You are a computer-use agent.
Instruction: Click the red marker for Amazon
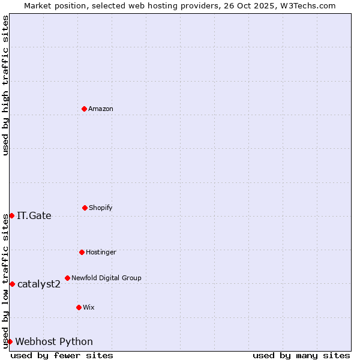pyautogui.click(x=84, y=109)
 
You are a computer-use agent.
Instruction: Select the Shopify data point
pyautogui.click(x=85, y=208)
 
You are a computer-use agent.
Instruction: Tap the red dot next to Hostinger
pyautogui.click(x=82, y=252)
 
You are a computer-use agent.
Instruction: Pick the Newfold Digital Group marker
pyautogui.click(x=67, y=278)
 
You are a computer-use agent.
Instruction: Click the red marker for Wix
pyautogui.click(x=79, y=307)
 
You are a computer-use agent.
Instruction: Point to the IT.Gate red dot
pyautogui.click(x=11, y=215)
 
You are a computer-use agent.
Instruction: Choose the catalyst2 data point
pyautogui.click(x=12, y=284)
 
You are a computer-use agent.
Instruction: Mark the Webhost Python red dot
pyautogui.click(x=10, y=341)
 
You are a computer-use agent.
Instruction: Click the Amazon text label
pyautogui.click(x=101, y=109)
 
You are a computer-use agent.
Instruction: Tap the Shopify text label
pyautogui.click(x=101, y=208)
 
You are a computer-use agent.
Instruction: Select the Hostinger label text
pyautogui.click(x=101, y=252)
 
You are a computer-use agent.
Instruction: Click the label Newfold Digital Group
pyautogui.click(x=106, y=278)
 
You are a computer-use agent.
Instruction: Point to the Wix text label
pyautogui.click(x=89, y=307)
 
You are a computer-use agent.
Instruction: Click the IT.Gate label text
pyautogui.click(x=34, y=216)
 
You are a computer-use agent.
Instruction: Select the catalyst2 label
pyautogui.click(x=39, y=284)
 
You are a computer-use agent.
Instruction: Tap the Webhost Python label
pyautogui.click(x=54, y=342)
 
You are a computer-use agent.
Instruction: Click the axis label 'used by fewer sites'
pyautogui.click(x=62, y=355)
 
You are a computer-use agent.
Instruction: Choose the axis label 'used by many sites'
pyautogui.click(x=301, y=355)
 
